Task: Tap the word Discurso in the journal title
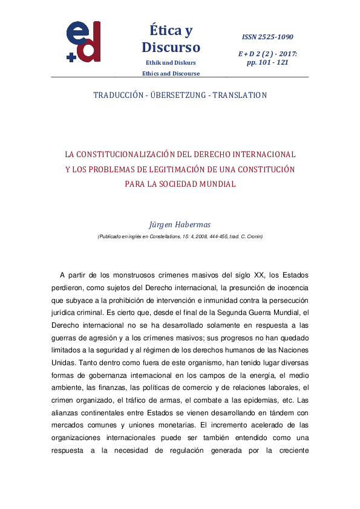171,47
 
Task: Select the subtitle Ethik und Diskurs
171,63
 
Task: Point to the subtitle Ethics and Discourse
171,74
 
